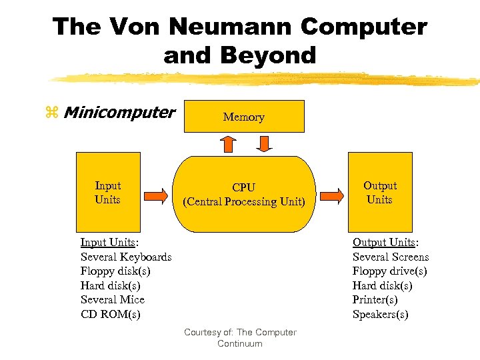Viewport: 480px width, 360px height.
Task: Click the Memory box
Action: [x=243, y=117]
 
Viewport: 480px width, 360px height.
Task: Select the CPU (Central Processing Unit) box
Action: [x=243, y=194]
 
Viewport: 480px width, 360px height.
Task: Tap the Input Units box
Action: [x=108, y=192]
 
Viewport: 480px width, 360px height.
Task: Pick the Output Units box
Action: [x=379, y=192]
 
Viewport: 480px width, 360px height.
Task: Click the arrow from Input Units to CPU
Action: [x=156, y=195]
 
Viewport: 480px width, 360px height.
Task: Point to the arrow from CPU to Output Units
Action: [x=331, y=195]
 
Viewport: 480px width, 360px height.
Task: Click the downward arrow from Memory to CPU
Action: [x=263, y=143]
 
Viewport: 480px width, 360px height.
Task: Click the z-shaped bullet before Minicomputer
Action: [x=52, y=113]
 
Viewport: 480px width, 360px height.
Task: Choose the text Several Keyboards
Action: [x=126, y=257]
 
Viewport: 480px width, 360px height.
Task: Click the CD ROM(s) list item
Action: [x=110, y=314]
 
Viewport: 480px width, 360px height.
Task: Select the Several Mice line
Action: [x=112, y=299]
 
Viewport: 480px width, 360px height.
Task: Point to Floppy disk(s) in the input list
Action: [x=115, y=271]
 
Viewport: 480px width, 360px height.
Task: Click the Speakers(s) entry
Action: [x=380, y=314]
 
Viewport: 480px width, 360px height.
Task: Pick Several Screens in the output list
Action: [x=391, y=257]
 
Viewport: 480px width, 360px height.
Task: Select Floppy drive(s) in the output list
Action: [x=389, y=271]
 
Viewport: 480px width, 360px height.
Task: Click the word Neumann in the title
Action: [x=231, y=27]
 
